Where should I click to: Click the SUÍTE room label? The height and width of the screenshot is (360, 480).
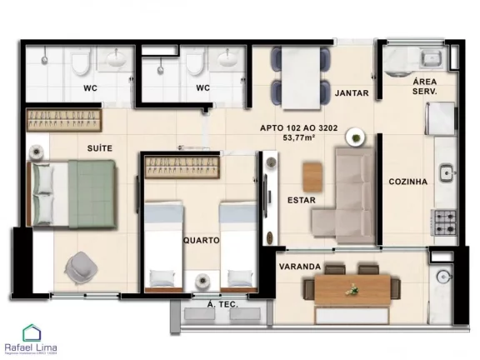100,147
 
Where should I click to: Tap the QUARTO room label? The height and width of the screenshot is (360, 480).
201,240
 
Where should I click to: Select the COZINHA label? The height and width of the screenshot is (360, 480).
407,182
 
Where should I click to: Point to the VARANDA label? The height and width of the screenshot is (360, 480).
299,267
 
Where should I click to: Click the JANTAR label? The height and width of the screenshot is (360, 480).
351,93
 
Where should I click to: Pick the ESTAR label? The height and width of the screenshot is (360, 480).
300,200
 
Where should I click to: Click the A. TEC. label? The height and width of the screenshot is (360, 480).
222,305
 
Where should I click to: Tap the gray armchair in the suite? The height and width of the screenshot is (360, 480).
83,266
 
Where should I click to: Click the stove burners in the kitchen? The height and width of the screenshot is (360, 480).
444,221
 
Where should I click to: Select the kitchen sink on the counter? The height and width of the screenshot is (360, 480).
447,172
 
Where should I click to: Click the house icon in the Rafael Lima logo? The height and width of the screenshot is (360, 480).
32,332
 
